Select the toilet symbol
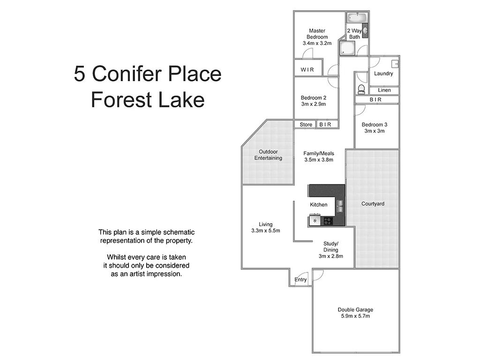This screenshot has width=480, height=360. [361, 89]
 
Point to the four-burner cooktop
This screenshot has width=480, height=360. [328, 220]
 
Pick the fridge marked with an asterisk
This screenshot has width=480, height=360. [315, 220]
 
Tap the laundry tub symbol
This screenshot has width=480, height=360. [395, 63]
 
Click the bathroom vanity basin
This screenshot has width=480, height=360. [366, 31]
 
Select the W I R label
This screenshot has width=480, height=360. [307, 70]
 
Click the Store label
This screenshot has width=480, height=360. [306, 124]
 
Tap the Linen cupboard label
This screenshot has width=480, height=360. [384, 90]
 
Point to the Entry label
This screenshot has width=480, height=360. [300, 280]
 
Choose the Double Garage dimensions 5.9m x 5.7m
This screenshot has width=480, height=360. [355, 316]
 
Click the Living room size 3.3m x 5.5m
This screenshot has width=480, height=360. [265, 231]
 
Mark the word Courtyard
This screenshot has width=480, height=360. [373, 204]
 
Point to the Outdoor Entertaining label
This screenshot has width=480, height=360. [268, 155]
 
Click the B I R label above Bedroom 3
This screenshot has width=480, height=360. [375, 99]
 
